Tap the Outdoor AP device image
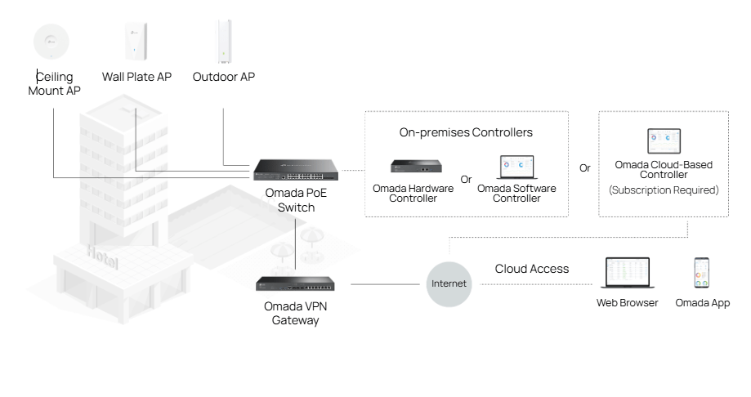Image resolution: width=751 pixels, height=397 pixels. [223, 42]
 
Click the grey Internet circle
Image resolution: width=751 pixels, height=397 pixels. [449, 284]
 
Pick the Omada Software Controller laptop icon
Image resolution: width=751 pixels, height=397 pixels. [516, 167]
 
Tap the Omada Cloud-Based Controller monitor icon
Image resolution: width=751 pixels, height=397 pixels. [664, 141]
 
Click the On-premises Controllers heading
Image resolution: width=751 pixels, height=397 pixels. [466, 132]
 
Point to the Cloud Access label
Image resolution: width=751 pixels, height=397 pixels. [531, 269]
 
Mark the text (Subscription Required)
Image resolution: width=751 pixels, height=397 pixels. [664, 190]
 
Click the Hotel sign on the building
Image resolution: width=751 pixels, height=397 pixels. [103, 256]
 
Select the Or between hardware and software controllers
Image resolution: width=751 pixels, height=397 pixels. [466, 180]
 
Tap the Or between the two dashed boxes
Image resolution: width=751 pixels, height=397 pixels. [584, 168]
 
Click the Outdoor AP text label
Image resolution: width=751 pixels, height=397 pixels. [223, 78]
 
